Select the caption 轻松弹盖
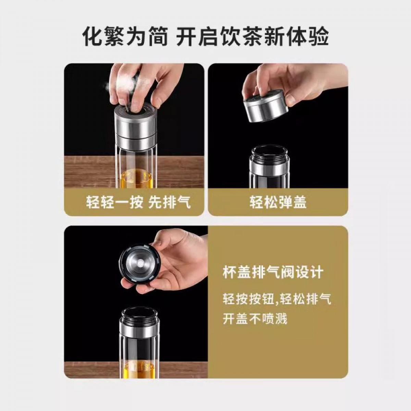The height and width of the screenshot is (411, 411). click(278, 202)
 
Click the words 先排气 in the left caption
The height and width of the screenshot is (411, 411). click(169, 202)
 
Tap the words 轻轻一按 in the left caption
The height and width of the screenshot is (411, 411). click(114, 202)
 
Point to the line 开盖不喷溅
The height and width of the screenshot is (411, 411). click(255, 325)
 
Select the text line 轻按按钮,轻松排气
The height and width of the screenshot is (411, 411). click(277, 299)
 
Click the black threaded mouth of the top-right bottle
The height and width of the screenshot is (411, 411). click(270, 153)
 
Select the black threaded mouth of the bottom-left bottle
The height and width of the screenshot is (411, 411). click(139, 316)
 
